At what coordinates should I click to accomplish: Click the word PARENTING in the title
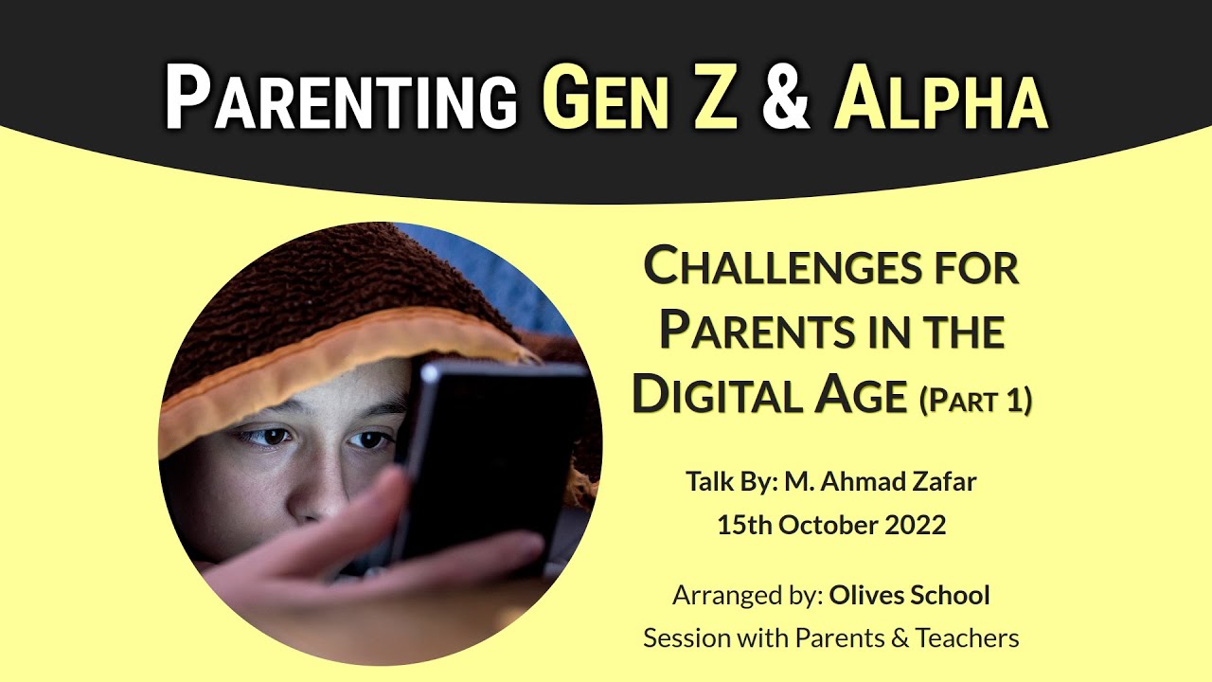coord(341,99)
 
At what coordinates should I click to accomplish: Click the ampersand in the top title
coord(785,99)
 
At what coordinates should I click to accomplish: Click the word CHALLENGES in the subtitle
coord(780,268)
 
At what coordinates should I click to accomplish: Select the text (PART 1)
coord(975,400)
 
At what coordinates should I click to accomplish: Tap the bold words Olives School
coord(909,596)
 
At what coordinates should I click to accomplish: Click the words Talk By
coord(733,481)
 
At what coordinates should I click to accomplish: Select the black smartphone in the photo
coord(492,455)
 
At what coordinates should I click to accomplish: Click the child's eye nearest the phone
coord(370,440)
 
